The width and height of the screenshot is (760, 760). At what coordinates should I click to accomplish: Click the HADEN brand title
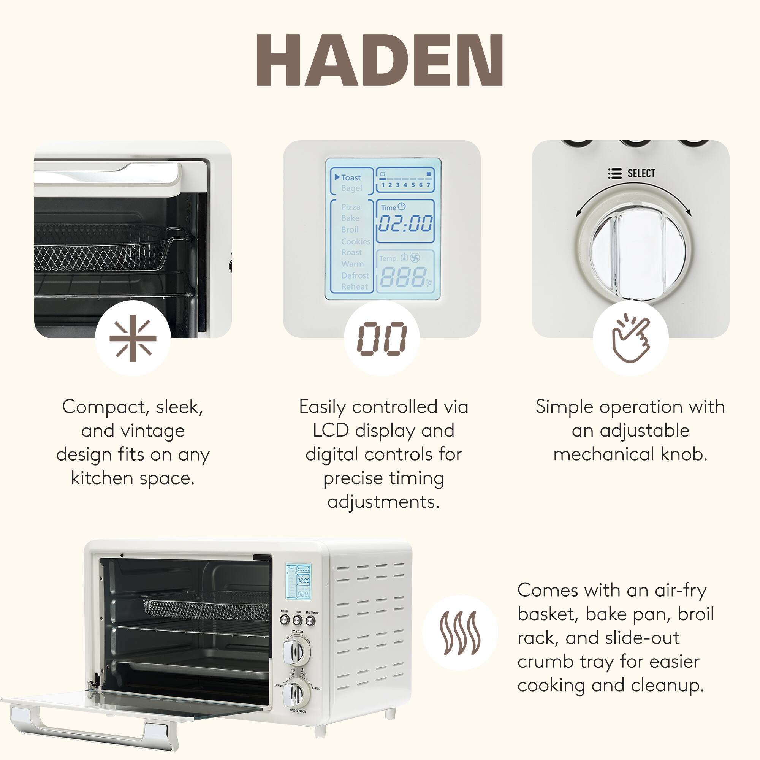coord(380,60)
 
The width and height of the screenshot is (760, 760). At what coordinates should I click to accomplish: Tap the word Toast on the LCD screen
coord(350,178)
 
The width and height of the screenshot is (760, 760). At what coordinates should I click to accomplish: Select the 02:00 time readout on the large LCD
coord(405,223)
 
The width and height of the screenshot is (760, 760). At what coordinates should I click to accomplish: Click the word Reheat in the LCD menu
coord(355,287)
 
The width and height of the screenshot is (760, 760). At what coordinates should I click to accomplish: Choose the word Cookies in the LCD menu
coord(356,241)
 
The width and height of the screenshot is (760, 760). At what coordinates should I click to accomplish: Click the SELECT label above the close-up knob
coord(641,174)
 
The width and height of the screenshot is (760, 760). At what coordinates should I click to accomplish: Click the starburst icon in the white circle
coord(133,338)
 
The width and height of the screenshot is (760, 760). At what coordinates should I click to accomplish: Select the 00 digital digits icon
coord(382,338)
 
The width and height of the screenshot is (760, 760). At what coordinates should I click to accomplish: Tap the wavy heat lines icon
coord(460,633)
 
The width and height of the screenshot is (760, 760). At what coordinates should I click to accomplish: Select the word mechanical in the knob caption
coord(605,454)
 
